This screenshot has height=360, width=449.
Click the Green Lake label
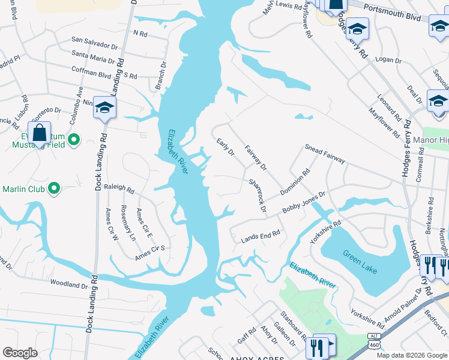click(360, 262)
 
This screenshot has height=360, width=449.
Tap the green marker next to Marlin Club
click(54, 189)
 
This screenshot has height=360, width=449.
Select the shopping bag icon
click(40, 133)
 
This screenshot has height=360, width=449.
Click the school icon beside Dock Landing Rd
click(104, 108)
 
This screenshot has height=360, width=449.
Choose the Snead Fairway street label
click(325, 152)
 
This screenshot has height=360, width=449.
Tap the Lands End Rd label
click(261, 235)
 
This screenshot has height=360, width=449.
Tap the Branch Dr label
click(161, 76)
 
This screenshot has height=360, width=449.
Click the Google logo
click(20, 352)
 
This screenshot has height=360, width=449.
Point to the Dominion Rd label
click(295, 182)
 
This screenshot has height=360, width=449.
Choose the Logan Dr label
click(388, 59)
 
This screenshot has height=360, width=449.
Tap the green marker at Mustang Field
click(74, 140)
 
